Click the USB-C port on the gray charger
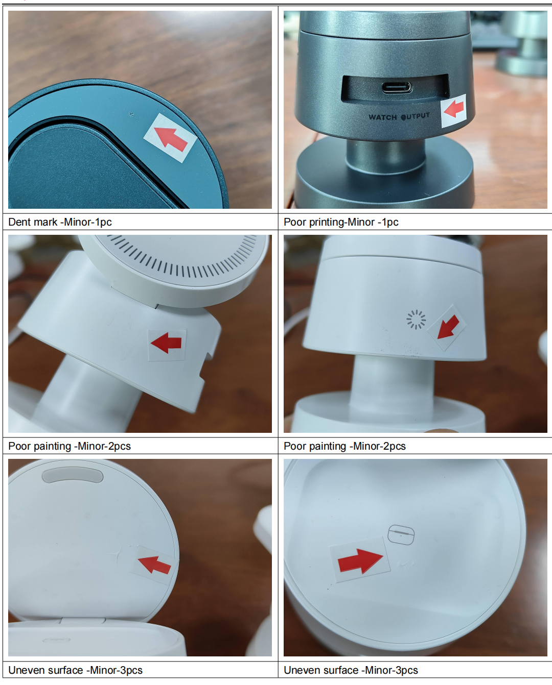pyautogui.click(x=397, y=87)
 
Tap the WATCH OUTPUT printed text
pyautogui.click(x=399, y=116)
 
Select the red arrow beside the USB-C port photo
pyautogui.click(x=454, y=109)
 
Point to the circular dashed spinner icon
pyautogui.click(x=416, y=319)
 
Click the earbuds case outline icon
pyautogui.click(x=401, y=534)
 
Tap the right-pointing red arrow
pyautogui.click(x=360, y=561)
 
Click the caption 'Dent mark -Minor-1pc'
pyautogui.click(x=60, y=222)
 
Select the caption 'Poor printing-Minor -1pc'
pyautogui.click(x=341, y=222)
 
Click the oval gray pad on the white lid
pyautogui.click(x=73, y=476)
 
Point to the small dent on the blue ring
pyautogui.click(x=132, y=114)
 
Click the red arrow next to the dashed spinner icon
pyautogui.click(x=448, y=327)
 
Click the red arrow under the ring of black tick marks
pyautogui.click(x=166, y=343)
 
